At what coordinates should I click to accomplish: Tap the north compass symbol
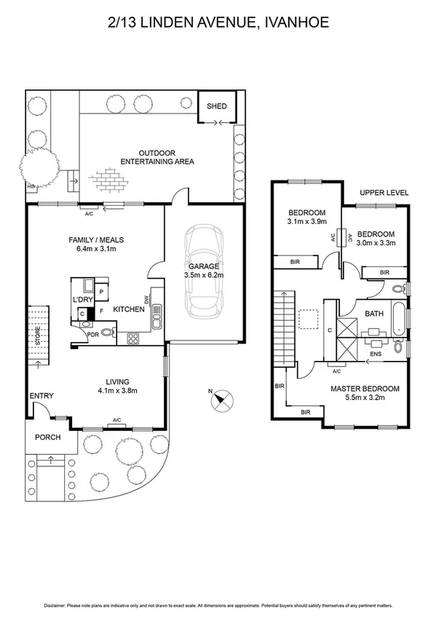pos(221,399)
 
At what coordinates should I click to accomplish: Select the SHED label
pos(217,106)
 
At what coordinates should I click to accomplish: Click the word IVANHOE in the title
pos(295,23)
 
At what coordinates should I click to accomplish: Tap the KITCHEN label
pos(128,310)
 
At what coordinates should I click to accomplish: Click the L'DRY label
pos(82,300)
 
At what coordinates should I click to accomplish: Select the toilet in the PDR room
pos(108,334)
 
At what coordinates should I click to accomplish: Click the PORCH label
pos(48,437)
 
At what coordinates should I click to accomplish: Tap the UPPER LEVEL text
pos(384,193)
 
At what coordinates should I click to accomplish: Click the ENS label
pos(376,354)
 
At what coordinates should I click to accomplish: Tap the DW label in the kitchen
pos(147,299)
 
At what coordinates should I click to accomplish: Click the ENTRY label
pos(41,395)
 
